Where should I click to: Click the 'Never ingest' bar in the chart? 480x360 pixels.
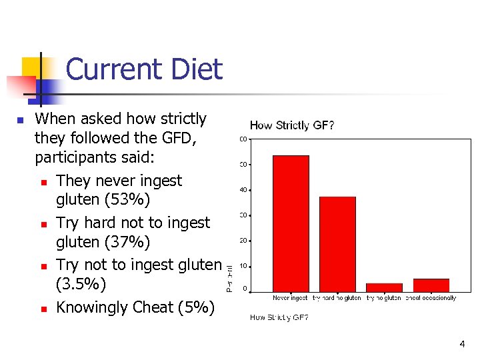click(291, 223)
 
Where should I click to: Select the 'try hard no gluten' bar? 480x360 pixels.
click(337, 243)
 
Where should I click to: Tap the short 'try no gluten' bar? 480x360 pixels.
click(384, 287)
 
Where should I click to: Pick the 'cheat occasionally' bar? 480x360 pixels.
click(431, 285)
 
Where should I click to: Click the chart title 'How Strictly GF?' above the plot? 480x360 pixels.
click(292, 125)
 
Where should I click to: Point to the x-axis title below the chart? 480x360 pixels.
click(279, 317)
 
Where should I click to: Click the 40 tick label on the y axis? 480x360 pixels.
click(243, 190)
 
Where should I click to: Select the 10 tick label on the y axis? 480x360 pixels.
click(243, 266)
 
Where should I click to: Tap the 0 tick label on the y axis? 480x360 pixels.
click(245, 289)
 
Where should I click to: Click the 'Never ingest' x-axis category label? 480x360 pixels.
click(290, 298)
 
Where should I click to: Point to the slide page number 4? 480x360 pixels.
click(462, 344)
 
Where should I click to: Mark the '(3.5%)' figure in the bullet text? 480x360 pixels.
click(81, 285)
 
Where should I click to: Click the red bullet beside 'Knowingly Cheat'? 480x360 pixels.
click(43, 309)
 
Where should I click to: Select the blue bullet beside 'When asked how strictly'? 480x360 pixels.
click(20, 121)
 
